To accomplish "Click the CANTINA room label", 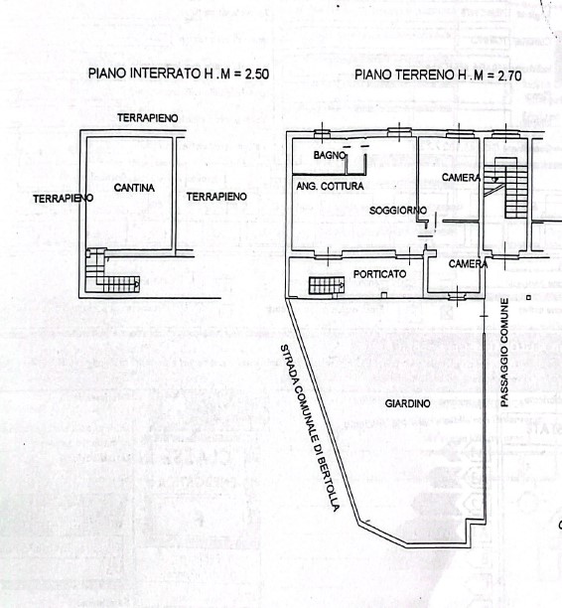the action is tap(134, 188).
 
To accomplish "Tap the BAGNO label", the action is tap(330, 155).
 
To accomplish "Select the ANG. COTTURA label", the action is tap(330, 186).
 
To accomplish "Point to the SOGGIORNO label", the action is tap(398, 211).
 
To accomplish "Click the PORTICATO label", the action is tap(380, 274).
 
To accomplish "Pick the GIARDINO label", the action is tap(407, 403).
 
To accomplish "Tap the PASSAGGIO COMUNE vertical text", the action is tap(504, 353).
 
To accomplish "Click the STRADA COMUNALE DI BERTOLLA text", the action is tap(310, 427).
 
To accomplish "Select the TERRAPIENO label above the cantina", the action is tap(148, 118).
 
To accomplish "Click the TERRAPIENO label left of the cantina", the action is tap(64, 199).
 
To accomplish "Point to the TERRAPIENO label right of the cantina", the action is tap(216, 197).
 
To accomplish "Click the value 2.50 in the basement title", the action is tap(256, 74).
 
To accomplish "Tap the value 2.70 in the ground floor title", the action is tap(509, 76).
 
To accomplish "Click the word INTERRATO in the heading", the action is tap(166, 73).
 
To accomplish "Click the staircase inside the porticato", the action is tap(327, 285).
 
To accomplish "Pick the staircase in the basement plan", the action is tap(112, 270).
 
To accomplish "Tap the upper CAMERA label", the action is tap(461, 178).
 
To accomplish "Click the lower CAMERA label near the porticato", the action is tap(468, 264).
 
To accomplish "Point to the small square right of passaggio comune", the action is tap(528, 297).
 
